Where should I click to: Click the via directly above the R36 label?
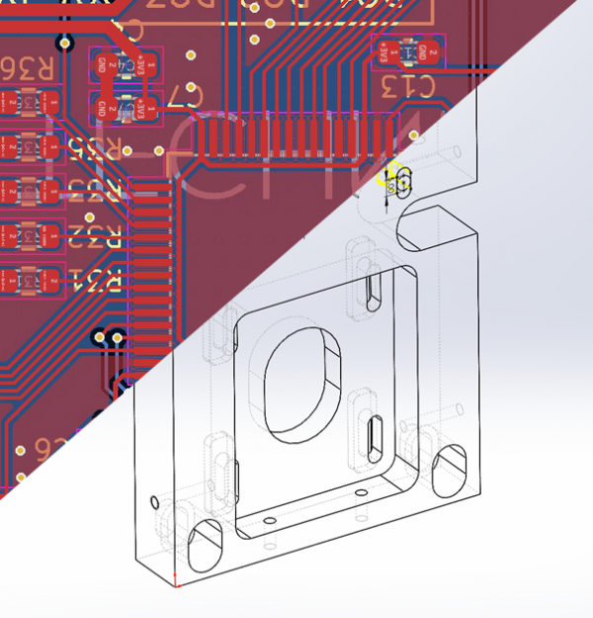[65, 44]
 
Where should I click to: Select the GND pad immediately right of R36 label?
[103, 66]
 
